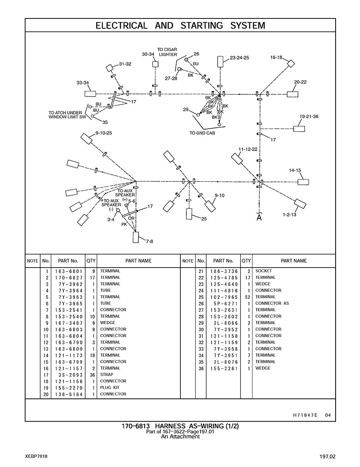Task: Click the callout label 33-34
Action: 83,82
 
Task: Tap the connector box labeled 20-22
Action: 293,94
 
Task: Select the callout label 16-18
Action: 276,57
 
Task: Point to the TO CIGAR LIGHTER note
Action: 167,52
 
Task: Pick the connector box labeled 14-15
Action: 303,182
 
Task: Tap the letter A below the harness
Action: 259,218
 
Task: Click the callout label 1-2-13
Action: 289,214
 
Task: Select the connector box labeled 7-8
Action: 136,237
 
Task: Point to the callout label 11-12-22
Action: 248,149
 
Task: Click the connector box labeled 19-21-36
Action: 299,128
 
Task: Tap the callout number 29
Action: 186,110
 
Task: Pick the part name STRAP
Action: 107,374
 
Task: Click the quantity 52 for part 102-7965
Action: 246,297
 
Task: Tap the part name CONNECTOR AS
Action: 272,303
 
